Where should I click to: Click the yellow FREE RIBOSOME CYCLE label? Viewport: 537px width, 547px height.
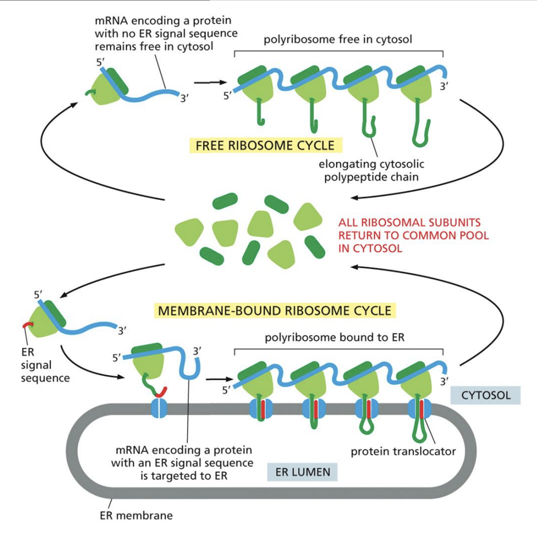coord(265,146)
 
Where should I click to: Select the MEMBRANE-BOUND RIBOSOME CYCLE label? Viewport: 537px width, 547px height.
coord(275,310)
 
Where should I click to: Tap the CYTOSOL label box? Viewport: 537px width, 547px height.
coord(486,395)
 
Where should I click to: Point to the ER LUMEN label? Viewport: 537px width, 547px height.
coord(302,471)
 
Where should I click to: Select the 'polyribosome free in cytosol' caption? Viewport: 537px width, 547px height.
coord(338,40)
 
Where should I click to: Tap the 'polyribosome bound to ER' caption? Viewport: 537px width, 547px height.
coord(334,337)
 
